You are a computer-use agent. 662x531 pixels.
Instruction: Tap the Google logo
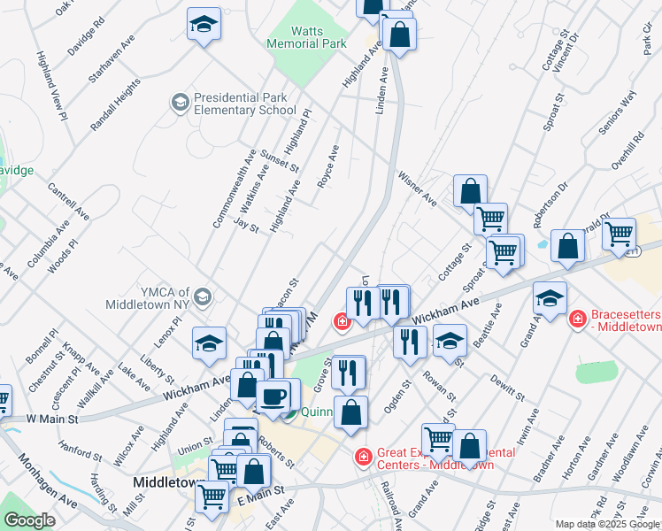30,520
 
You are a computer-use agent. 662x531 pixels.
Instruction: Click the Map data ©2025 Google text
606,524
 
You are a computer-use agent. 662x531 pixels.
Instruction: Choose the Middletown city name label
168,482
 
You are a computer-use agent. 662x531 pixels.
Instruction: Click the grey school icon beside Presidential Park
181,104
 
